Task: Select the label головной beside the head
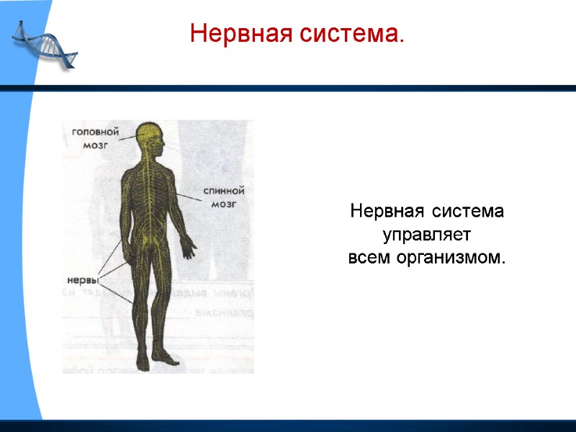(94, 132)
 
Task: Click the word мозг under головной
(94, 144)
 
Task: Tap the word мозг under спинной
(224, 204)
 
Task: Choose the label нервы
(82, 279)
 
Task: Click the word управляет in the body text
(426, 235)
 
